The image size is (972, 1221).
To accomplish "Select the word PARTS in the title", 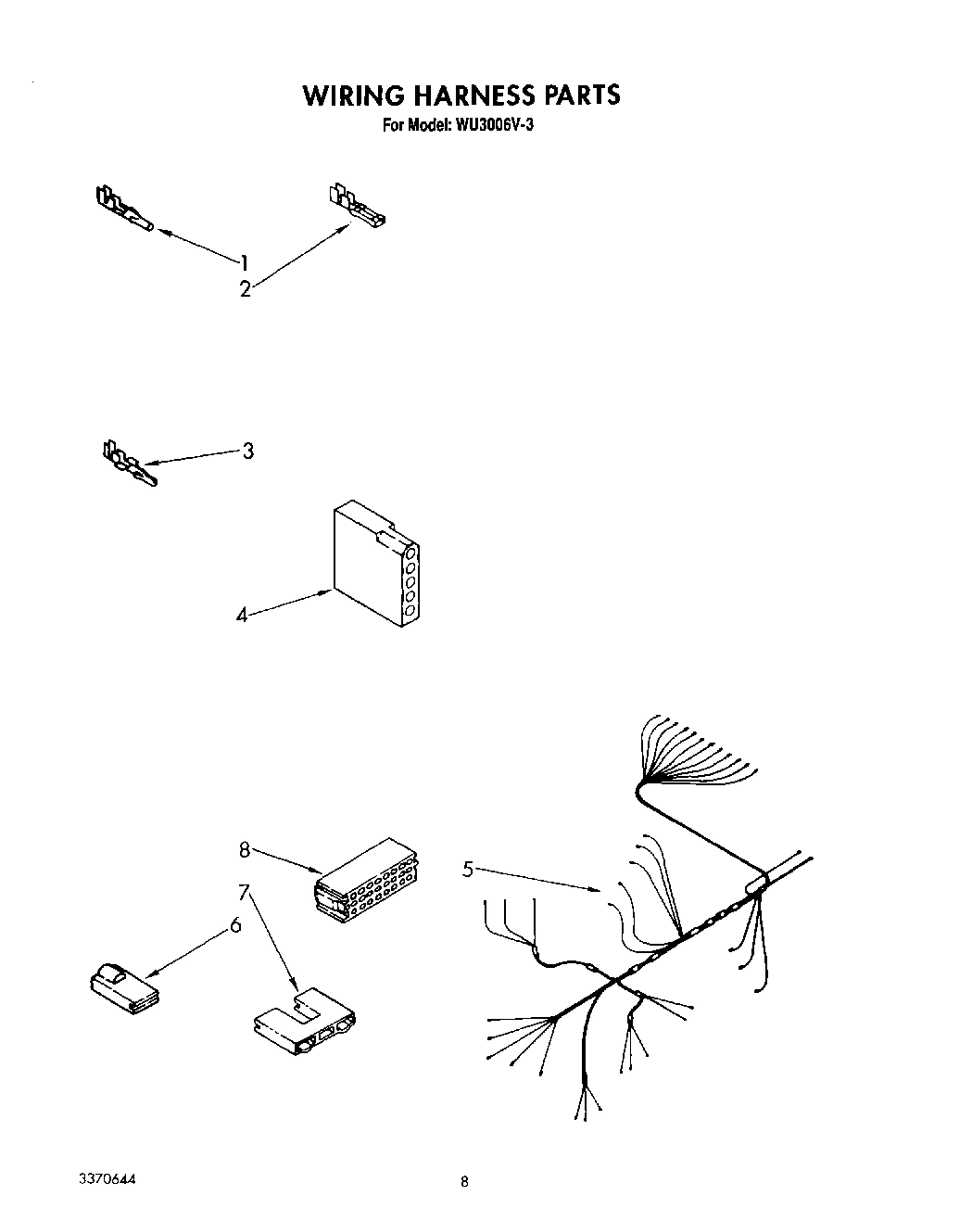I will (580, 95).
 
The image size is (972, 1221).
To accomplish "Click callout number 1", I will (245, 261).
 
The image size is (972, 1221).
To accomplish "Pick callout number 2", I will (245, 289).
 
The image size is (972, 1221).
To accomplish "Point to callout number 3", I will (247, 452).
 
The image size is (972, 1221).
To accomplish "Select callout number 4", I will (242, 614).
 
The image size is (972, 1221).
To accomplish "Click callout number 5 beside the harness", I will (468, 869).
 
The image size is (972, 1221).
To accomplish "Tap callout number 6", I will (235, 924).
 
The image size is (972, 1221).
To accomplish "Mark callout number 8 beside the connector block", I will (245, 849).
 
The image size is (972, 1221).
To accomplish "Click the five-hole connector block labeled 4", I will (374, 566).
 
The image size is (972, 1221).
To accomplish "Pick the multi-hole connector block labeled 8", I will (365, 882).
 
